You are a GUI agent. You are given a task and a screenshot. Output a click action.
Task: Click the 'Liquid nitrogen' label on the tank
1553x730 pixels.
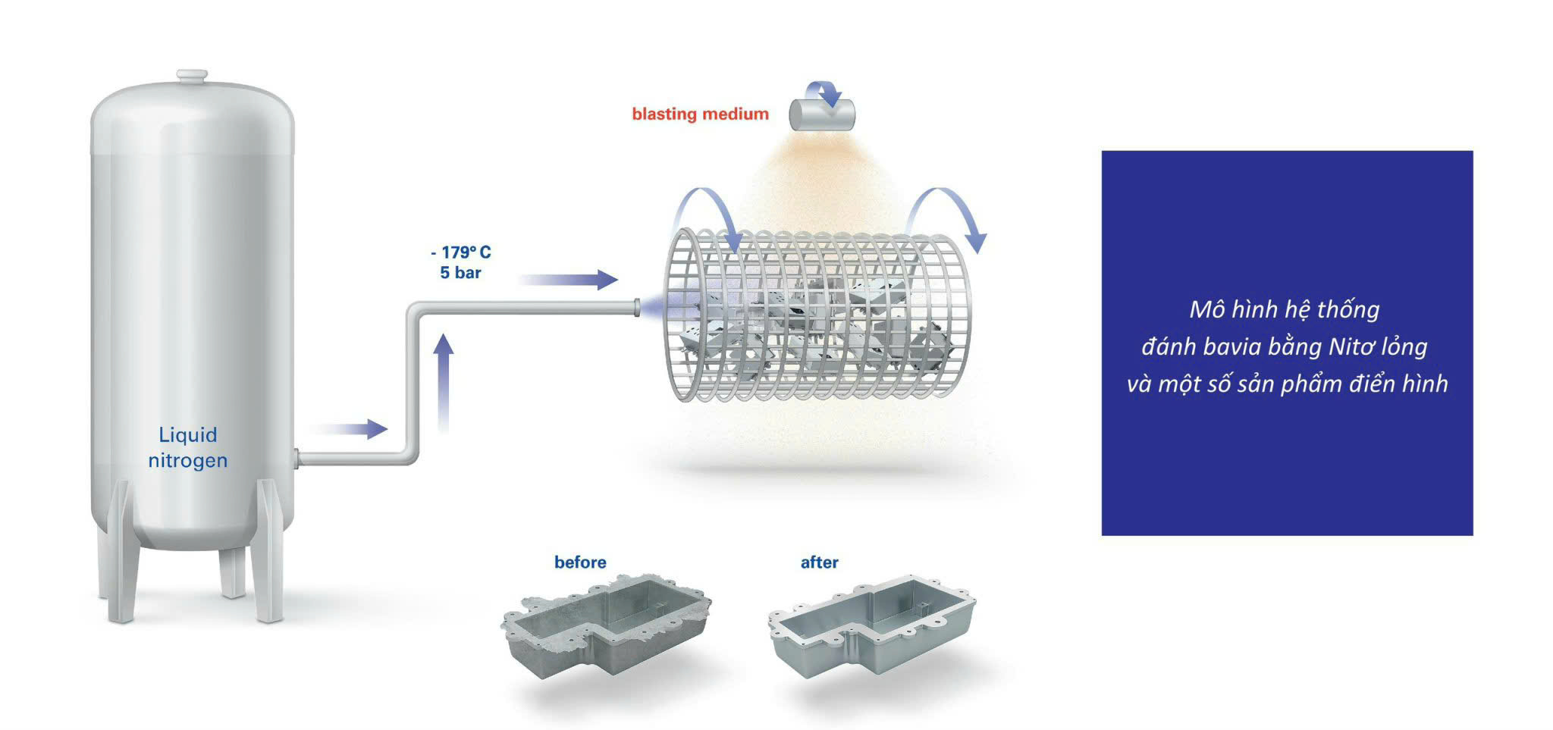pos(187,447)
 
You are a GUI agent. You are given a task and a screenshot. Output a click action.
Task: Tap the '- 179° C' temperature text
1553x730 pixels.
pos(461,252)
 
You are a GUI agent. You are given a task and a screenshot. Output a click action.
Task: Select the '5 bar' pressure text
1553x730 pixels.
pos(460,273)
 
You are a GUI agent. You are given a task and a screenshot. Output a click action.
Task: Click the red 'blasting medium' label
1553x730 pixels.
pos(700,114)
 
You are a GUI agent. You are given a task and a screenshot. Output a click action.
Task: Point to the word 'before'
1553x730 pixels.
pos(580,562)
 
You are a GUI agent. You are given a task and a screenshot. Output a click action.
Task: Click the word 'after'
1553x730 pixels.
pos(819,562)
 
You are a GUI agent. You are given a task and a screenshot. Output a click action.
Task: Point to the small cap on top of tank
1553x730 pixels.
pos(192,75)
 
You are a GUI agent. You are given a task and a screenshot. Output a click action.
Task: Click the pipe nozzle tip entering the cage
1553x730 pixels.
pos(637,307)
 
